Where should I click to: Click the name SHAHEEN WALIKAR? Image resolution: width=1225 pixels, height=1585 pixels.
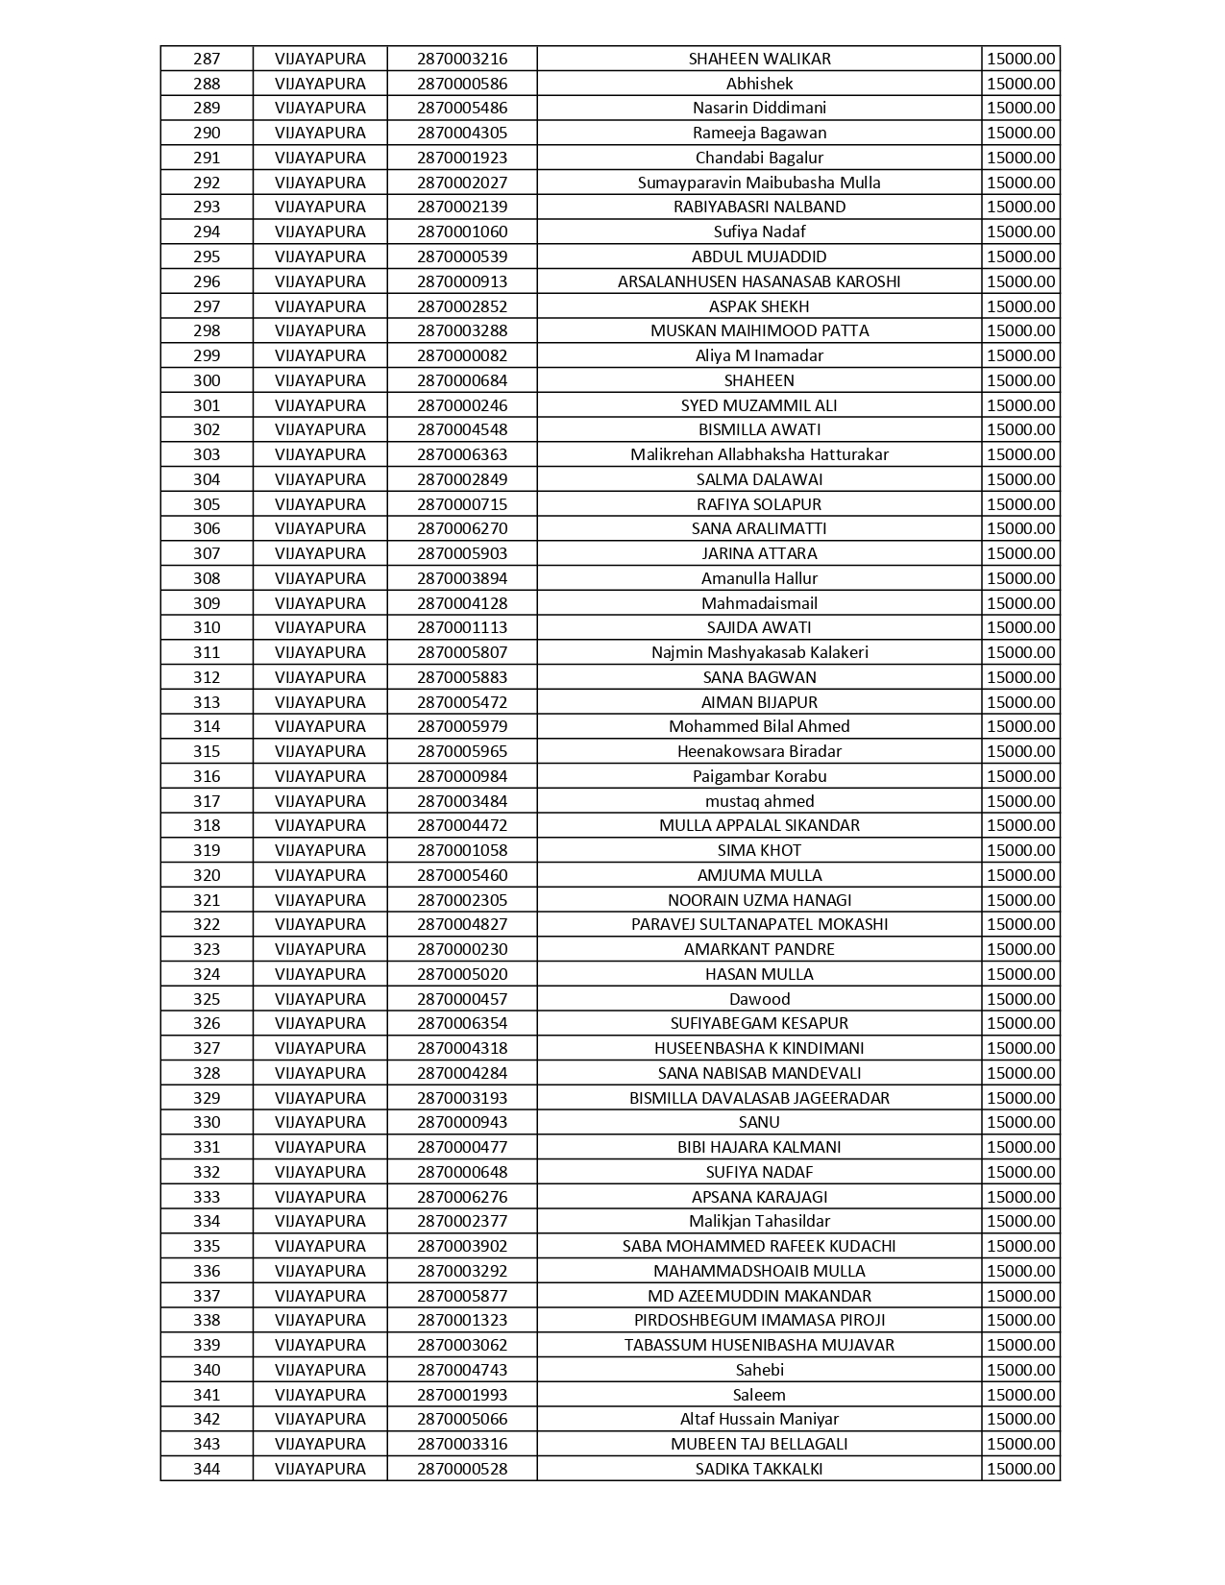click(759, 59)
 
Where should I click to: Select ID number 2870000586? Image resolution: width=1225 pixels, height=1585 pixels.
click(462, 84)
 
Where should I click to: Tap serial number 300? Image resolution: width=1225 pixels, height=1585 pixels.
click(207, 380)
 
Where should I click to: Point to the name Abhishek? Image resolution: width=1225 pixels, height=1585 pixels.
click(759, 84)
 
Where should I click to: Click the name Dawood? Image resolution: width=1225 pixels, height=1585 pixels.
click(759, 999)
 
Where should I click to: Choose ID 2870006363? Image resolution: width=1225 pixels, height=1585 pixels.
click(462, 454)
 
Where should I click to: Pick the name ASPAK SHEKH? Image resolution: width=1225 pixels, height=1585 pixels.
click(759, 306)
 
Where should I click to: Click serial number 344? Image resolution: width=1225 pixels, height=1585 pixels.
click(207, 1469)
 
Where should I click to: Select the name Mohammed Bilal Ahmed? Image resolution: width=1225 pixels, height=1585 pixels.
click(759, 726)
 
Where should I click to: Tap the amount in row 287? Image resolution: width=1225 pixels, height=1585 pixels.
click(1020, 59)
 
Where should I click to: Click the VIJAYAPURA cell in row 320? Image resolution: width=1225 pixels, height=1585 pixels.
click(320, 875)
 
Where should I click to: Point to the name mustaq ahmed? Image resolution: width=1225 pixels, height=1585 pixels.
click(759, 801)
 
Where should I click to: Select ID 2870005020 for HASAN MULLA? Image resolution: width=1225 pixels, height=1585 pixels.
click(462, 974)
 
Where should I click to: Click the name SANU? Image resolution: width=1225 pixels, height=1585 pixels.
click(759, 1122)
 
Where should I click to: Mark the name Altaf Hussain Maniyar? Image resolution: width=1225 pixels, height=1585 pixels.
click(759, 1419)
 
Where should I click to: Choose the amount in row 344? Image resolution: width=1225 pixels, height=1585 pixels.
click(1020, 1469)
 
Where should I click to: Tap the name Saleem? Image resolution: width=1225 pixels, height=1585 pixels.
click(759, 1395)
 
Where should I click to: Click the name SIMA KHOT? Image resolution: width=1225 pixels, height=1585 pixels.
click(759, 850)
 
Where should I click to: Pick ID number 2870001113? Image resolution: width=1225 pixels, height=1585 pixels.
click(462, 627)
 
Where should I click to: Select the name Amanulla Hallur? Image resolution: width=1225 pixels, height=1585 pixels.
click(759, 578)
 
